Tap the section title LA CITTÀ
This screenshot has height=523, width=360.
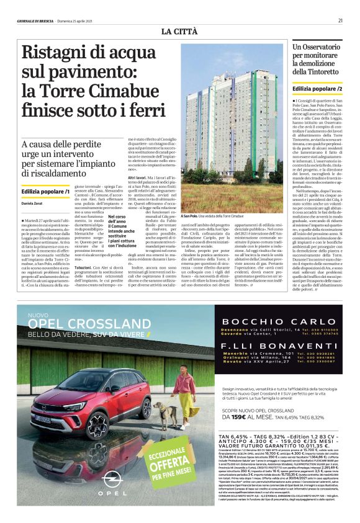tap(180, 31)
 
